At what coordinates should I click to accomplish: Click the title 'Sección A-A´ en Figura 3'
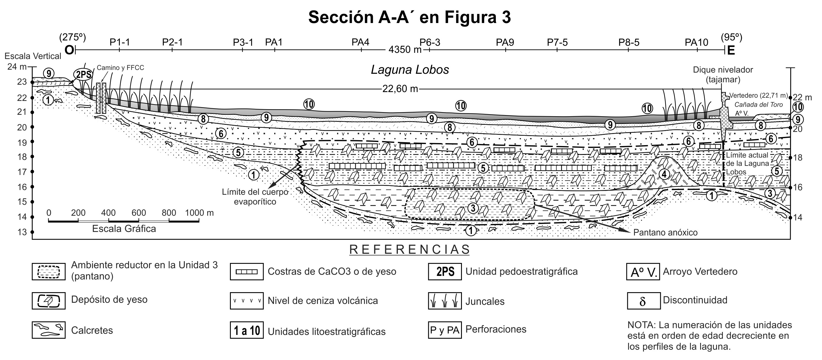pyautogui.click(x=409, y=17)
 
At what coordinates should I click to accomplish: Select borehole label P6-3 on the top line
pyautogui.click(x=430, y=42)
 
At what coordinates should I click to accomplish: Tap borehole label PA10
pyautogui.click(x=696, y=42)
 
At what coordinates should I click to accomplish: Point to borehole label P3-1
pyautogui.click(x=243, y=42)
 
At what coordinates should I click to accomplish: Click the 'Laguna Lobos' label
pyautogui.click(x=410, y=70)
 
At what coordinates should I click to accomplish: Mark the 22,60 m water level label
pyautogui.click(x=400, y=89)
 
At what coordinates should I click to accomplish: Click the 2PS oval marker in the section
pyautogui.click(x=83, y=75)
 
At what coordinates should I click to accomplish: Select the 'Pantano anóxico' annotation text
pyautogui.click(x=665, y=232)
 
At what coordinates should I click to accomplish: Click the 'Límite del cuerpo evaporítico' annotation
pyautogui.click(x=255, y=197)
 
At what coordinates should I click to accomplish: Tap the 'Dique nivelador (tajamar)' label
pyautogui.click(x=723, y=74)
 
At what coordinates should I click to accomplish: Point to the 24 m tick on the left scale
pyautogui.click(x=17, y=67)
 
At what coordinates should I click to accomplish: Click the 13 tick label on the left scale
pyautogui.click(x=22, y=232)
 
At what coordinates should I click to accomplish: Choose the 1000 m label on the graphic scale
pyautogui.click(x=199, y=213)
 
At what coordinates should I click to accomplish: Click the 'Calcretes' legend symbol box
pyautogui.click(x=48, y=330)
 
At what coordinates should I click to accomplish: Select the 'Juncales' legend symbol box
pyautogui.click(x=444, y=301)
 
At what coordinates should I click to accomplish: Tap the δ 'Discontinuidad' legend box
pyautogui.click(x=643, y=301)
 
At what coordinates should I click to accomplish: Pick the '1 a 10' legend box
pyautogui.click(x=247, y=330)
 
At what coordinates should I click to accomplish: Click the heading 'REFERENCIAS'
pyautogui.click(x=410, y=250)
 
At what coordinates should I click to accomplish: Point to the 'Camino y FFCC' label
pyautogui.click(x=120, y=68)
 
